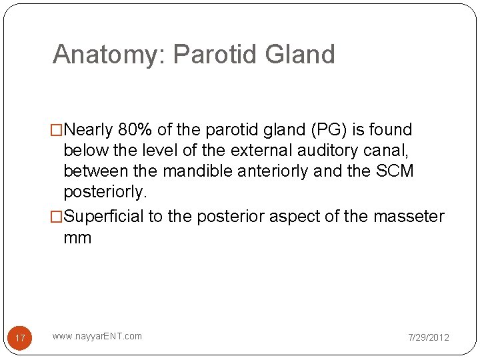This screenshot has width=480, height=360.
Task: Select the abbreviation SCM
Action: point(395,171)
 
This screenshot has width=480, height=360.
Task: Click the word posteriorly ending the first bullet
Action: point(103,191)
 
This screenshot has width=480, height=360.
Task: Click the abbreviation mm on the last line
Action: point(77,237)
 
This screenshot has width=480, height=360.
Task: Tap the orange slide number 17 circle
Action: point(20,338)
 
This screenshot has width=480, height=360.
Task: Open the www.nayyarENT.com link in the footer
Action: point(97,336)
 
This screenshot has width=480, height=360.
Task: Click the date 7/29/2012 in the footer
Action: point(429,337)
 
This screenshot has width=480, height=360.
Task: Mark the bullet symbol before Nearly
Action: point(58,129)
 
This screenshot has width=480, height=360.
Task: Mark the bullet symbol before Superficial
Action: point(58,217)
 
